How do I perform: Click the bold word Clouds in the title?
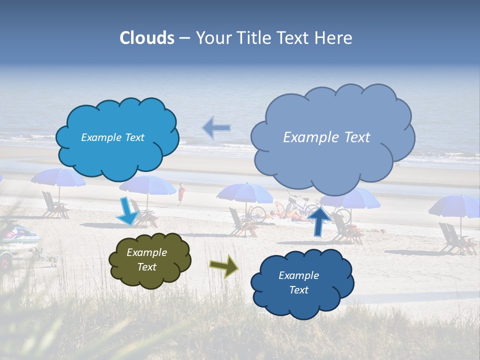coord(147,37)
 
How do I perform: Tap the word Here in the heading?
coord(334,37)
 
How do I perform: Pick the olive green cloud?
coord(149,260)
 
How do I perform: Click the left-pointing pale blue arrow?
coord(216,128)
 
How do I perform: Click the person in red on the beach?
coord(181,193)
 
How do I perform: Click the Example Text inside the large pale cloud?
coord(326,137)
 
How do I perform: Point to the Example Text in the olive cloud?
coord(146,260)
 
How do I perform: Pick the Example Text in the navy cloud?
coord(298,282)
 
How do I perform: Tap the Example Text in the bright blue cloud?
coord(112,137)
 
